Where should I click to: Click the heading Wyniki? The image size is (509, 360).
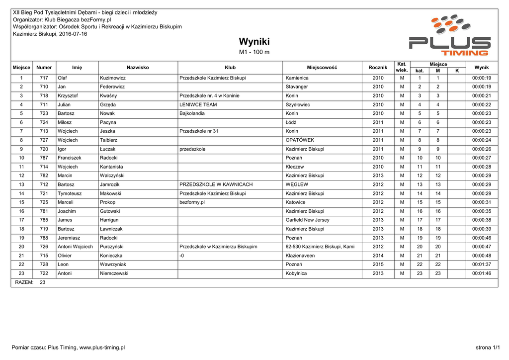(x=254, y=41)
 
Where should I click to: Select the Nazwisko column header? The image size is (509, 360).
(x=138, y=68)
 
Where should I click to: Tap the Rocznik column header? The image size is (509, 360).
(x=378, y=68)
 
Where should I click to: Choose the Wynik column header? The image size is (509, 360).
(x=481, y=68)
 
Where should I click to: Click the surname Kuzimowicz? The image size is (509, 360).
(x=113, y=78)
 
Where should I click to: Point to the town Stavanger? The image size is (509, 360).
(x=297, y=87)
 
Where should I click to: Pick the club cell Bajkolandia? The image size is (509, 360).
(x=192, y=113)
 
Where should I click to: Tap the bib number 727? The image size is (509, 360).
(x=44, y=140)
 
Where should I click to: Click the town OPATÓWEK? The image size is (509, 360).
(x=300, y=140)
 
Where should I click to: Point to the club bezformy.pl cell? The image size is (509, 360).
(x=192, y=202)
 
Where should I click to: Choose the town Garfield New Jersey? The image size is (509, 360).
(x=307, y=220)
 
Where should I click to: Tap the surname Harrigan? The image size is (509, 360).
(x=110, y=220)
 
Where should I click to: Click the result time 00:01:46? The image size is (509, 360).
(x=481, y=273)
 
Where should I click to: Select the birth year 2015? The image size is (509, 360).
(x=378, y=265)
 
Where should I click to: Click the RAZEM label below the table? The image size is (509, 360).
(x=24, y=282)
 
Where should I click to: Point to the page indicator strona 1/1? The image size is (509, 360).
(x=488, y=348)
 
